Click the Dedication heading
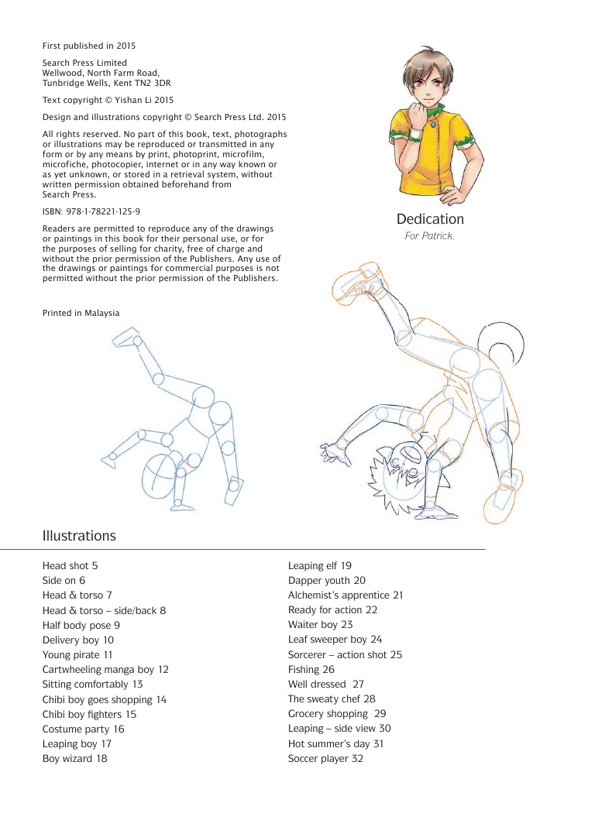430,219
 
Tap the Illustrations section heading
79,536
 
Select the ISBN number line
91,211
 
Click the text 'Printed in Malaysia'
81,313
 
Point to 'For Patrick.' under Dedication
430,236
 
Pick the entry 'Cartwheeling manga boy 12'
105,669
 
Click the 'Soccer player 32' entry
325,758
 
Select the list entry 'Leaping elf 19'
320,566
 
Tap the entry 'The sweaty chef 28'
332,699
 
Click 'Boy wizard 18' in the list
74,758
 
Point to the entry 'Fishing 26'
311,669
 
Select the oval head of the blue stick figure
161,473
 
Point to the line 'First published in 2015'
89,46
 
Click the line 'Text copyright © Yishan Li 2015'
108,100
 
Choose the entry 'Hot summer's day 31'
336,743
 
